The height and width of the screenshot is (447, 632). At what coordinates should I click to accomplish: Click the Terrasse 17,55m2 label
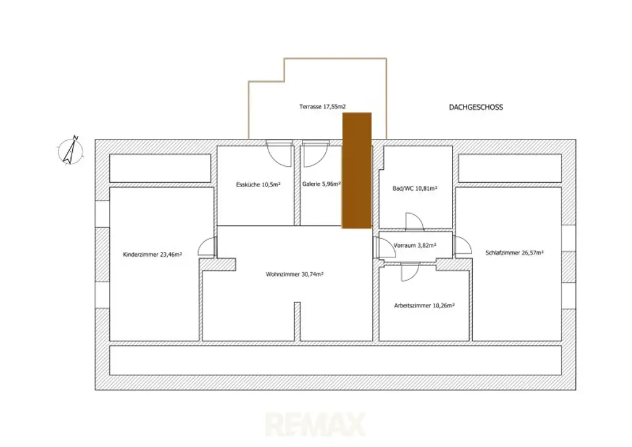point(322,107)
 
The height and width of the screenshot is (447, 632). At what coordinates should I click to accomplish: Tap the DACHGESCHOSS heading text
point(475,107)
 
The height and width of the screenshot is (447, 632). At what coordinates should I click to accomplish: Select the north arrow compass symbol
point(71,150)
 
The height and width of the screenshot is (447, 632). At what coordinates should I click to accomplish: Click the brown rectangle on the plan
point(357,170)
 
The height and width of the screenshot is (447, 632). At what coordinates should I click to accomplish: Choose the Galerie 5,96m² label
point(322,184)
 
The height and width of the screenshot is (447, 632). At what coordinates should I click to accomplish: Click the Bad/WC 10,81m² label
point(415,188)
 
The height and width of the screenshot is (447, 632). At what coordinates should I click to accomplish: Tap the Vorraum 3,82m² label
point(415,245)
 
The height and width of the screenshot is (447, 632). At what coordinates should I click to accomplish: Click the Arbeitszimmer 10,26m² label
point(424,305)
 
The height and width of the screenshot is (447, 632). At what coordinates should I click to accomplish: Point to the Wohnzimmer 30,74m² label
point(295,274)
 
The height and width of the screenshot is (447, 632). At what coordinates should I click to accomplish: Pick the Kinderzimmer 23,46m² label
point(152,254)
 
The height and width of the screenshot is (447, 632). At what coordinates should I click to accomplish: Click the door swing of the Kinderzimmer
point(206,247)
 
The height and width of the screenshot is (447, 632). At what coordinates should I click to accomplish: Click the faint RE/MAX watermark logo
point(315,425)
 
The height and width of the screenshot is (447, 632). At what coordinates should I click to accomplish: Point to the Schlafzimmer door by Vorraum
point(462,245)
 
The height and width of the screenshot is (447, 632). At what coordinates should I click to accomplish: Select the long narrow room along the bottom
point(335,361)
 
